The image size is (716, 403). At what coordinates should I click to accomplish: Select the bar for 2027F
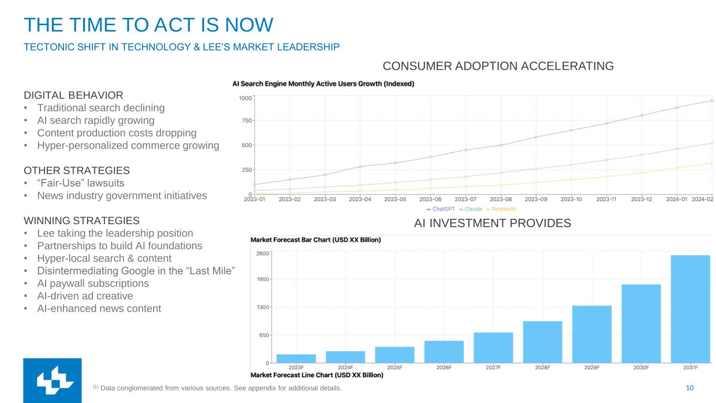coord(493,347)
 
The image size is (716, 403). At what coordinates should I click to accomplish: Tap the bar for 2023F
coord(296,358)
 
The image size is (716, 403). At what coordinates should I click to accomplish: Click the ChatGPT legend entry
coord(441,209)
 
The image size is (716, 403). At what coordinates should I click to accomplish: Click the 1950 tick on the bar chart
coord(262,279)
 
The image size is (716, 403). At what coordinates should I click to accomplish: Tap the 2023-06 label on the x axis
coord(430,199)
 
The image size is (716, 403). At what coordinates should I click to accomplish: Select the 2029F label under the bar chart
coord(592,367)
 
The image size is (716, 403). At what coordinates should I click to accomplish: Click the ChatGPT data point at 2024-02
coord(712,100)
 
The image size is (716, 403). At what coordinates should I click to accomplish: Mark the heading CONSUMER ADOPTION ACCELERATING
coord(498,66)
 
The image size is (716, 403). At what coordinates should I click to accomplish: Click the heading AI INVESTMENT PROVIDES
coord(492,224)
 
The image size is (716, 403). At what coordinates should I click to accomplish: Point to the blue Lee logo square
coord(52,380)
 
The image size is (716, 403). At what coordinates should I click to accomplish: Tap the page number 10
coord(690,388)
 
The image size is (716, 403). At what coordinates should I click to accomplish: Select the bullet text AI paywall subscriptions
coord(93,283)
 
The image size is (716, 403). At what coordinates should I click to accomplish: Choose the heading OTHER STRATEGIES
coord(77,171)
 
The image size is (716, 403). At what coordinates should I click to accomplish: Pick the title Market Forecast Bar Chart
coord(316,240)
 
